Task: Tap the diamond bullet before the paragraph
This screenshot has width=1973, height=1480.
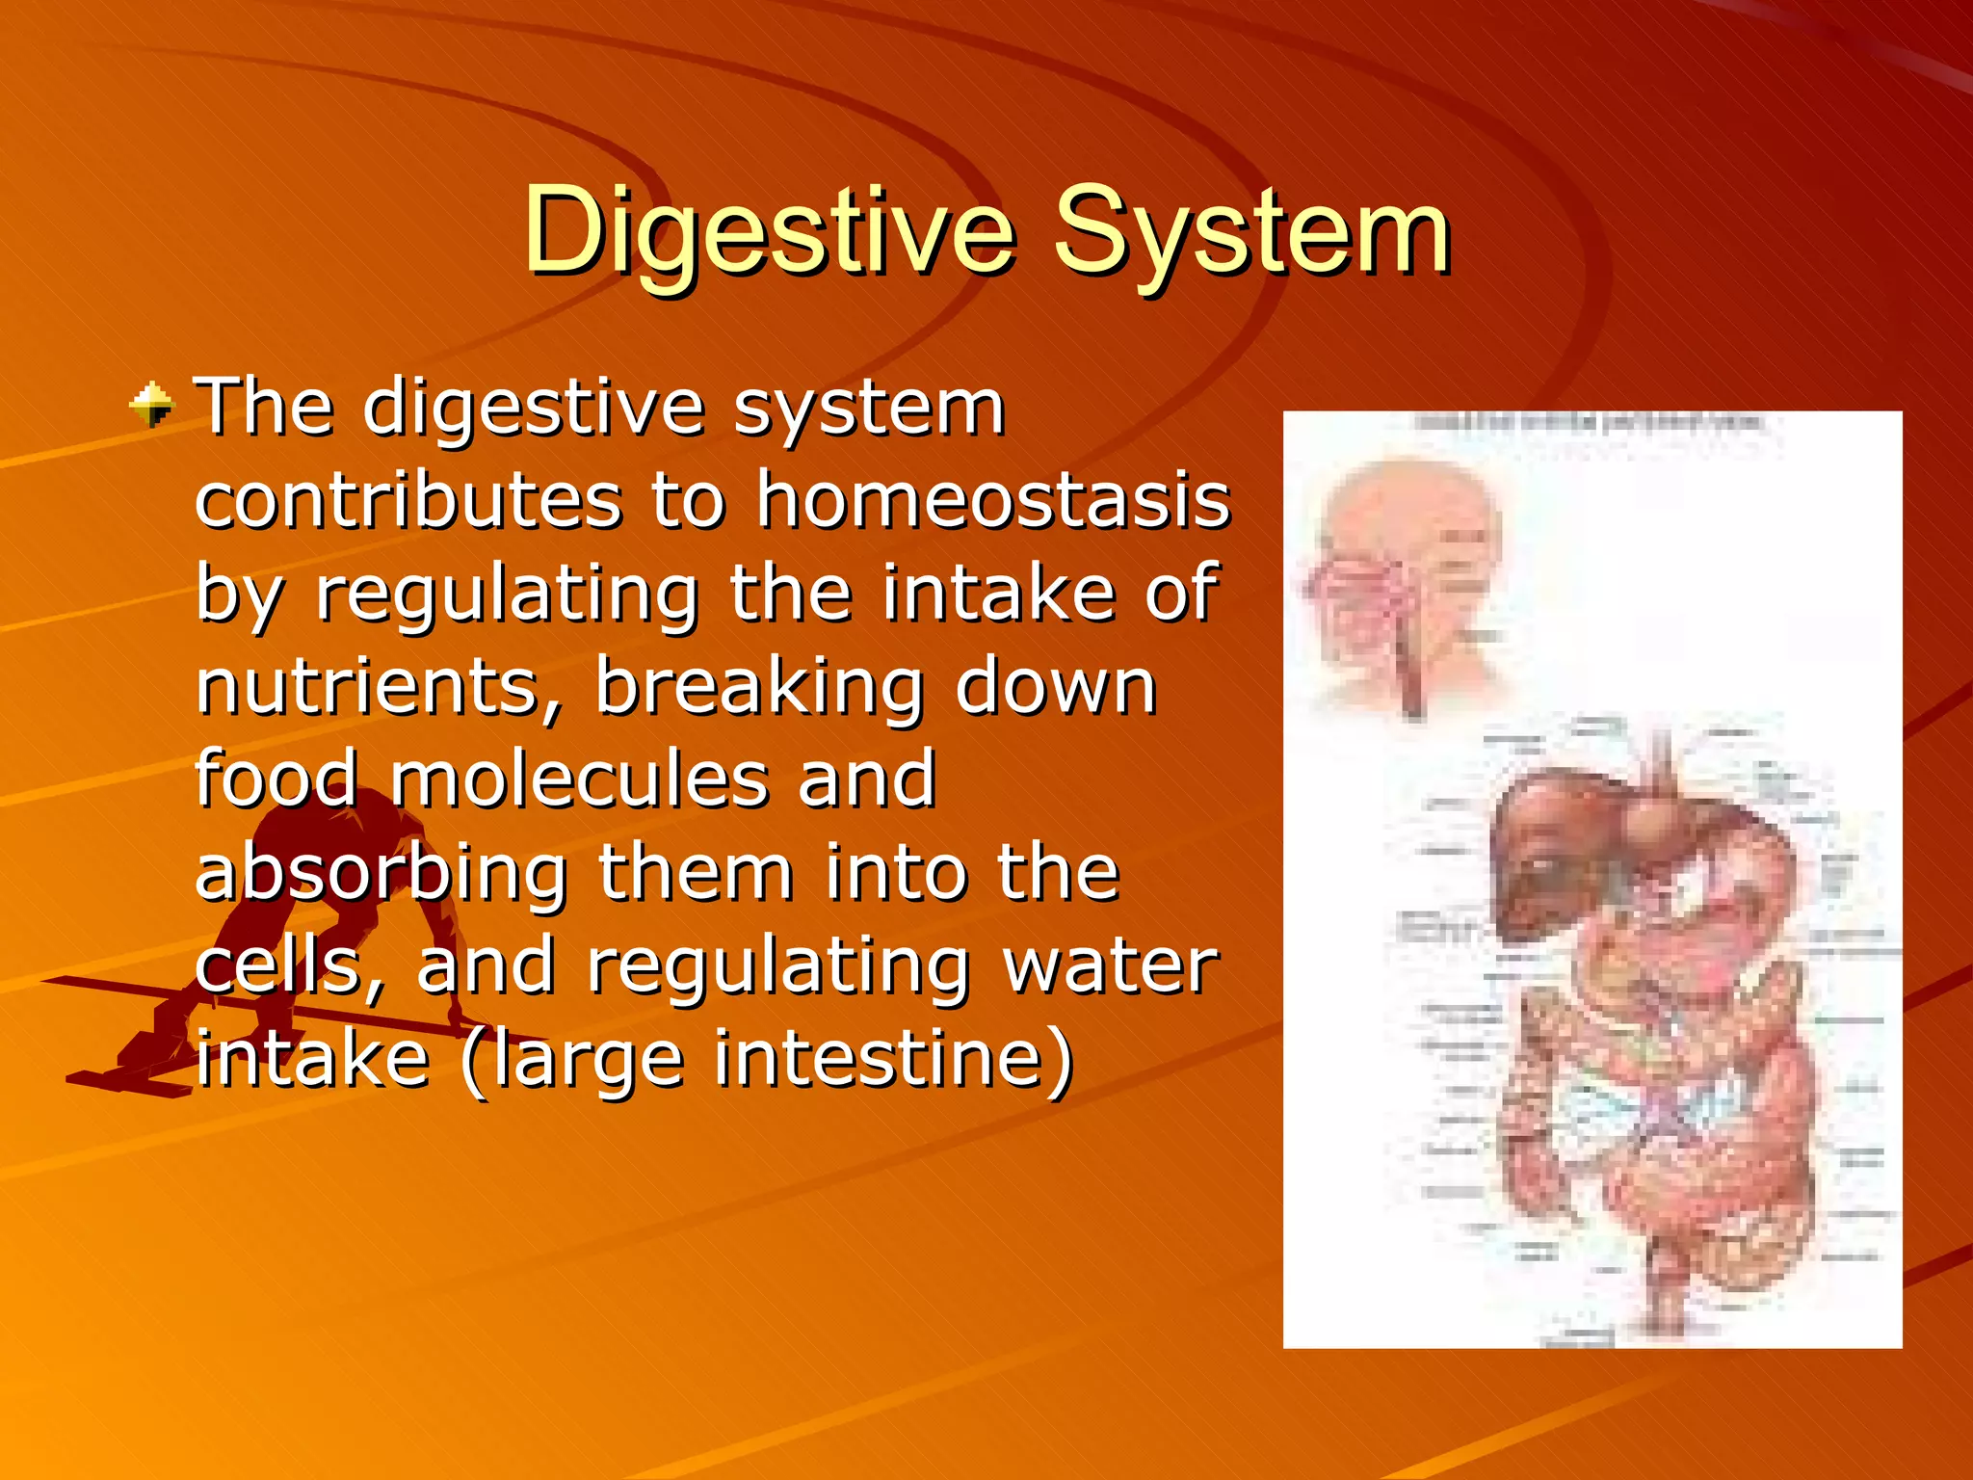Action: coord(151,405)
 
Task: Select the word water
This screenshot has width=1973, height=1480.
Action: coord(1110,965)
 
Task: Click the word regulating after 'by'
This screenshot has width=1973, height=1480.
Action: coord(506,595)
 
